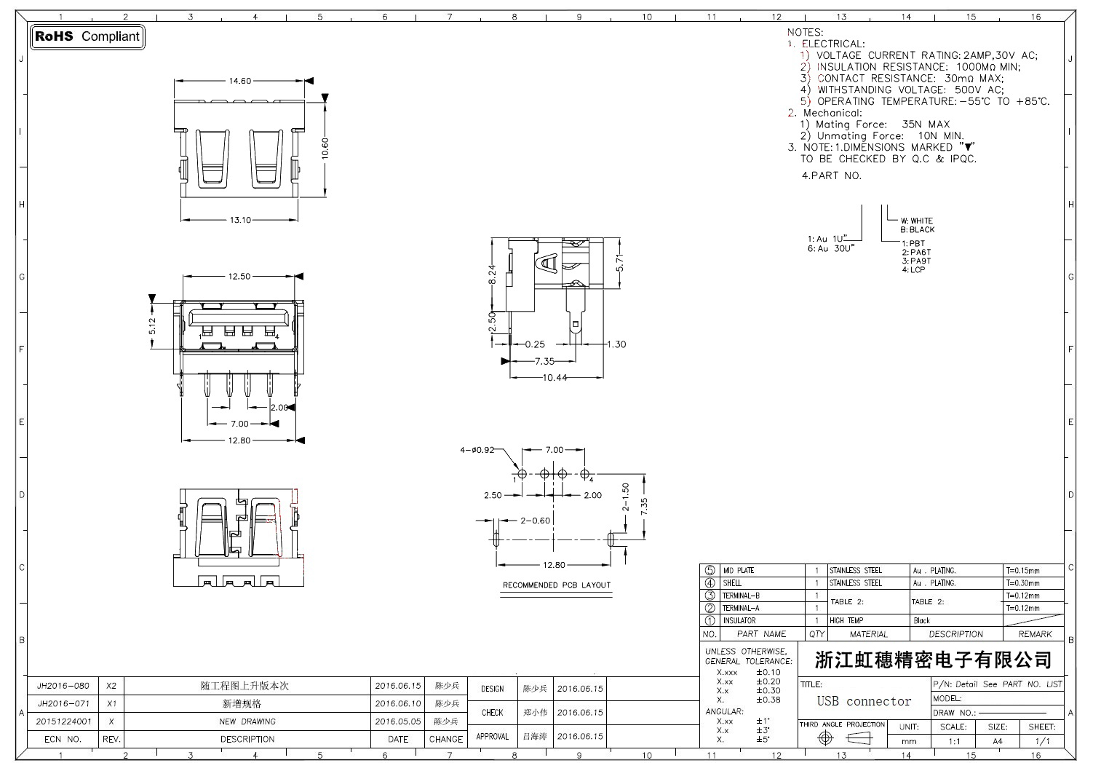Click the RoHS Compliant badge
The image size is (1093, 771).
pos(87,36)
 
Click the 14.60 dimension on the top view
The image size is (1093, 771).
pos(240,81)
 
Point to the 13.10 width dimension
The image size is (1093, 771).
pos(240,220)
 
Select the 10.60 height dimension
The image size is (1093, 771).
pos(325,148)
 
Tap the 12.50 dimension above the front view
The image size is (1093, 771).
pos(239,277)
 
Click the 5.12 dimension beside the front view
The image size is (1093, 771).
pos(152,325)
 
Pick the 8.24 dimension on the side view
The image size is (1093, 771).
pos(492,274)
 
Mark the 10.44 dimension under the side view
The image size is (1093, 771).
pos(555,377)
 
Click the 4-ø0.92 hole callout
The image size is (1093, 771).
pos(477,450)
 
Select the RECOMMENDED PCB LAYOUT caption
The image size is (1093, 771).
pos(557,585)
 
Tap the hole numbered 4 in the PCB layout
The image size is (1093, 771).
pos(585,474)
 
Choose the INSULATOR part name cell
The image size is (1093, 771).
pos(739,621)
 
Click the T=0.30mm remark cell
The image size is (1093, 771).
pos(1022,583)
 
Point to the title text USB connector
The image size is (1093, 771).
pos(864,701)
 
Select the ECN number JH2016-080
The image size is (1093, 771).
pos(63,686)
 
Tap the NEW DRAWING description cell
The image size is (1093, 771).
pos(247,721)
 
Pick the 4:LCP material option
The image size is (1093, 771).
pos(913,269)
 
